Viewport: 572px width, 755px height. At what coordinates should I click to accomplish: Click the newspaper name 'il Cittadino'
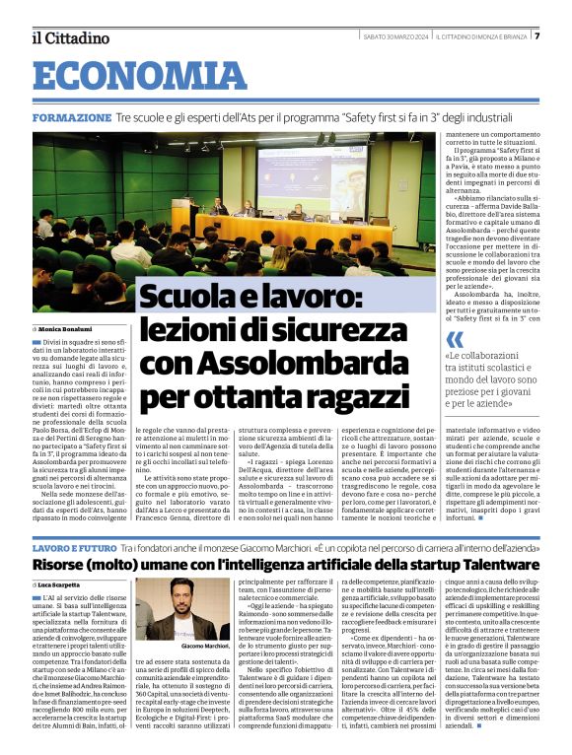click(x=70, y=37)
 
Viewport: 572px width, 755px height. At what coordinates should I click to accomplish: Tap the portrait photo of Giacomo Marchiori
click(x=169, y=612)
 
